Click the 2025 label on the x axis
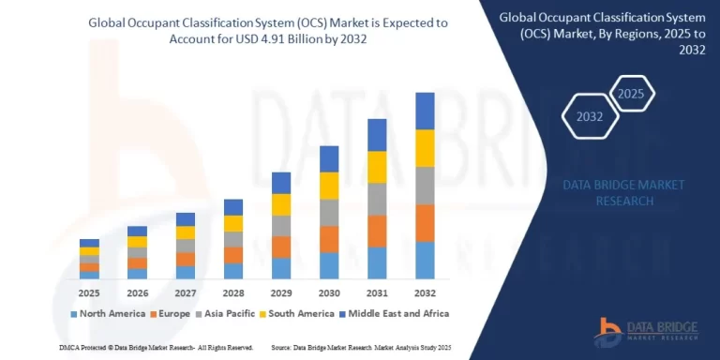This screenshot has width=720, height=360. (x=89, y=292)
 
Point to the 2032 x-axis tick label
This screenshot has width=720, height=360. (x=425, y=292)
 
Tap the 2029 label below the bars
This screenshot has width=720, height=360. (x=280, y=292)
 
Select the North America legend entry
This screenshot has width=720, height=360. (x=109, y=313)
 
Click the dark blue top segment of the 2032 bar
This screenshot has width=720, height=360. (x=425, y=111)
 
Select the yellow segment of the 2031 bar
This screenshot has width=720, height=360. (x=377, y=167)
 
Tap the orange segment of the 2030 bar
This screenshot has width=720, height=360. (x=329, y=239)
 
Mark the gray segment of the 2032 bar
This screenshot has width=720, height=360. (x=425, y=186)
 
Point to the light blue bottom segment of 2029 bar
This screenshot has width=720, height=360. (x=280, y=268)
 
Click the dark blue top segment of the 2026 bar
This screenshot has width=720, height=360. (x=137, y=231)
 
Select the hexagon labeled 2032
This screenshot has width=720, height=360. (x=591, y=118)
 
